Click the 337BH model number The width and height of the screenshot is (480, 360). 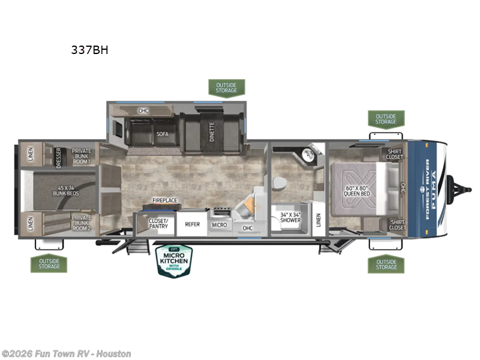coord(89,50)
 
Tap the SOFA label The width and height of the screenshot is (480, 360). coord(163,134)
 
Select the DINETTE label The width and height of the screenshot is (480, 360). coord(211,133)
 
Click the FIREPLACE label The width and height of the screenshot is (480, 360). coord(164,200)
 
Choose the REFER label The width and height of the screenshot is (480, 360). coord(192,224)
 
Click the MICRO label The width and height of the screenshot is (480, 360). coord(218,225)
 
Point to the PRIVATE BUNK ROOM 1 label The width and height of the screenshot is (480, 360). coord(81,155)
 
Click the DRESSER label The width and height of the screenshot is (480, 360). coord(58,156)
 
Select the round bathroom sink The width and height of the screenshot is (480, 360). coord(310,154)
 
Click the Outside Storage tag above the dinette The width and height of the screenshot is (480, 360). coord(226,87)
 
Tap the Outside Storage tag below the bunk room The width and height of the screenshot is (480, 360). coord(49,263)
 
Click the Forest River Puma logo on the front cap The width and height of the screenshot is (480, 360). coord(426,182)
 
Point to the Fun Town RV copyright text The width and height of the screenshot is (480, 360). coord(67,353)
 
